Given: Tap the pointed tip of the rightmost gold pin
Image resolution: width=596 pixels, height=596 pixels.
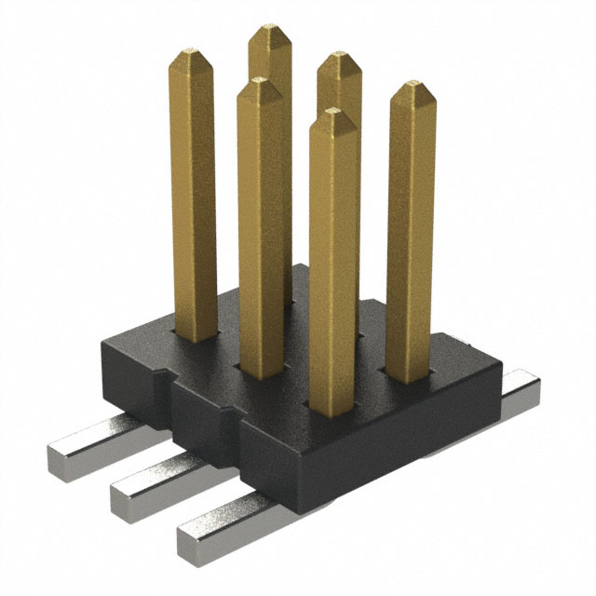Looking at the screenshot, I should coord(412,89).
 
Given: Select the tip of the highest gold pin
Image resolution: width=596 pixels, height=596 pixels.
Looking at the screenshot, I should coord(269,31).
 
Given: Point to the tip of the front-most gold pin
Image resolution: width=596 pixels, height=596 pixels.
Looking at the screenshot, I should coord(333,115).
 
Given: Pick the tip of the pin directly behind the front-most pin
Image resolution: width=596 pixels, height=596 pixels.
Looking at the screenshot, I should coord(338,61).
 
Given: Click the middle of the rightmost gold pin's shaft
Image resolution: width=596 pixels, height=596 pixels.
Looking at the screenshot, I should coord(411,233).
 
